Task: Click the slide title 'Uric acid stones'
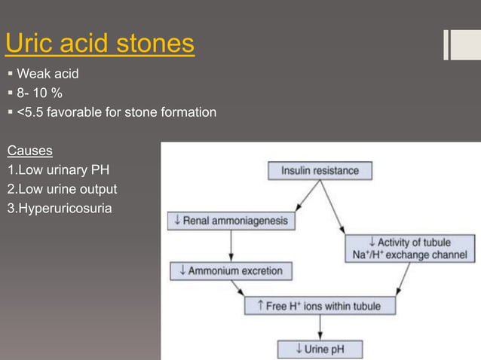coord(100,44)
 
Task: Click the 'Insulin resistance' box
coord(320,171)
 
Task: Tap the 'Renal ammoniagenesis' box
coord(231,221)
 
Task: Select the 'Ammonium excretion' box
coord(230,271)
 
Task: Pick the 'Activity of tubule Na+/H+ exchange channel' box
coord(410,249)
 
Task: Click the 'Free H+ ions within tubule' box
coord(320,306)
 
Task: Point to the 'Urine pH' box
coord(320,349)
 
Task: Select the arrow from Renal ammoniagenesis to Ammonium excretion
coord(231,246)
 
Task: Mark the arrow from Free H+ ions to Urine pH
coord(320,328)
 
